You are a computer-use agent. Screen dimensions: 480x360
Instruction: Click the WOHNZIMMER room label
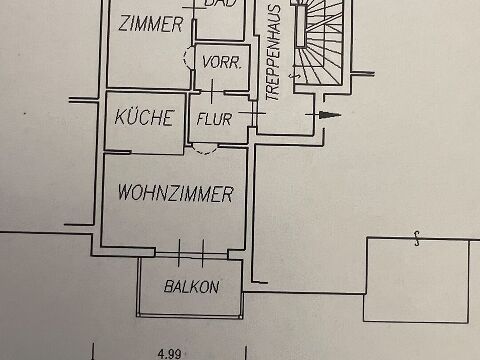point(176,193)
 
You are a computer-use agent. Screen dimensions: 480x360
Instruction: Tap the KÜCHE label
point(144,117)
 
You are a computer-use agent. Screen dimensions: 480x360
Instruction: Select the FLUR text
point(214,119)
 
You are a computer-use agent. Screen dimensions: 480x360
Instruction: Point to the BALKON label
point(192,287)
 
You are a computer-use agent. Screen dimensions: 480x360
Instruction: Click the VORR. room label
point(222,62)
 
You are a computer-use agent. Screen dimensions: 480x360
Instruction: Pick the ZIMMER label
point(151,23)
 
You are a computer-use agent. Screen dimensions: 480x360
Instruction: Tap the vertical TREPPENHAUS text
point(273,53)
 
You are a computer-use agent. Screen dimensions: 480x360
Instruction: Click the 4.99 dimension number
point(170,353)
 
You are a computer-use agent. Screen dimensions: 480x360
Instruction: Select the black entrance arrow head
point(329,115)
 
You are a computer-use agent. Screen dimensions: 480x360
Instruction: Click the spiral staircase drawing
point(318,43)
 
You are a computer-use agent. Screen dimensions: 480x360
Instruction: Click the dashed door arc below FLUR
point(205,150)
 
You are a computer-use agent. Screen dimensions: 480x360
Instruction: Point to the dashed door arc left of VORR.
point(187,58)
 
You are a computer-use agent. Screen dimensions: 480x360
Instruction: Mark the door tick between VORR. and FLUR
point(212,91)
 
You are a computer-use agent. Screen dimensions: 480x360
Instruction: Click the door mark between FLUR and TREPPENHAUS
point(252,114)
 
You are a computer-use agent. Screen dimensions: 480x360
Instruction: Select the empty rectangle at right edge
point(416,280)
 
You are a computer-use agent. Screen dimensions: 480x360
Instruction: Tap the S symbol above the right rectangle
point(417,239)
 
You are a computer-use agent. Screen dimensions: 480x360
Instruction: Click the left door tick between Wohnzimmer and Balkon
point(179,253)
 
